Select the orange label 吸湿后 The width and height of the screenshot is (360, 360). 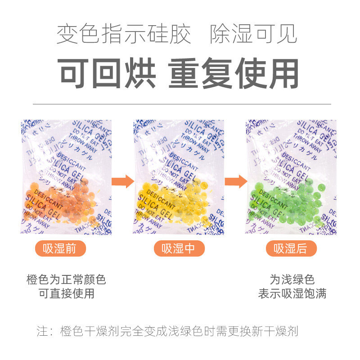click(291, 248)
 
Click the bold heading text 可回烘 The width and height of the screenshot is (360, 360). click(108, 73)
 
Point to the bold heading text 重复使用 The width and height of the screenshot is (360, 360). click(234, 73)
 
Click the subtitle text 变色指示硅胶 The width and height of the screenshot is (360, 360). click(124, 35)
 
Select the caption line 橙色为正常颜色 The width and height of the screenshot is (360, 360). click(66, 279)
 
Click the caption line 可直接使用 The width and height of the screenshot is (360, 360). click(66, 294)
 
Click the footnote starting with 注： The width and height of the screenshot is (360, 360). click(167, 332)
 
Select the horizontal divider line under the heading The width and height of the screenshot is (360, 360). click(180, 104)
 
